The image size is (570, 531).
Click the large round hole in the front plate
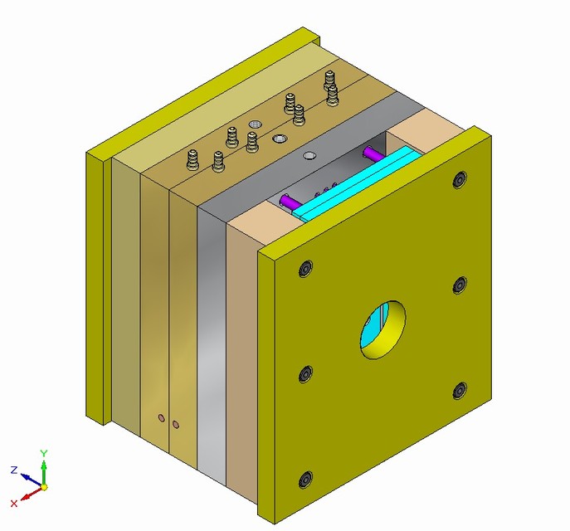(383, 329)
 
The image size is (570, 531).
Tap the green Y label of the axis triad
(44, 454)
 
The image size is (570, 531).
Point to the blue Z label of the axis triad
(14, 470)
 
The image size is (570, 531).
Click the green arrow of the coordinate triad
(44, 470)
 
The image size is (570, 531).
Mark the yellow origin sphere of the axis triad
(44, 487)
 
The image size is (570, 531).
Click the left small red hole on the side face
(162, 419)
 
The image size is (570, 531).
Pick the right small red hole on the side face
(176, 426)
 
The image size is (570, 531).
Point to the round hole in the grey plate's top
(309, 155)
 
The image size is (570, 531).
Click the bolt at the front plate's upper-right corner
(460, 182)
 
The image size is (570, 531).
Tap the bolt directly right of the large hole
(461, 285)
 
